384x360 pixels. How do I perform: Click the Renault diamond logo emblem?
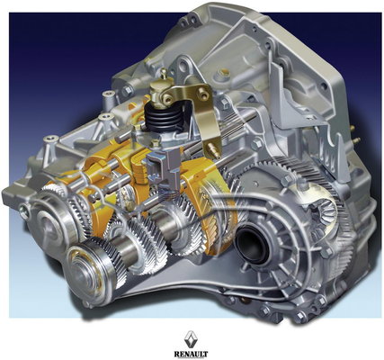(x=191, y=339)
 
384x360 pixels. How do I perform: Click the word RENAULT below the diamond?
(x=191, y=354)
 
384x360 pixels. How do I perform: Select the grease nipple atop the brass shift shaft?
(x=164, y=74)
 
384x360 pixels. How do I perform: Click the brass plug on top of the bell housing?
(x=224, y=73)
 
